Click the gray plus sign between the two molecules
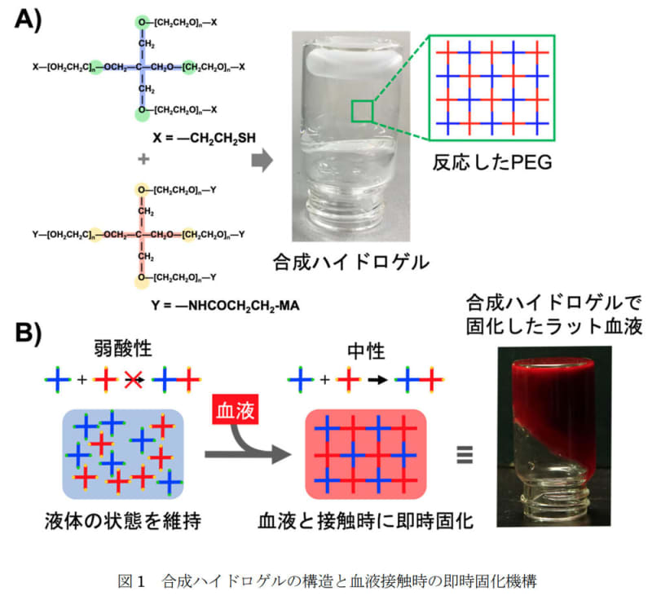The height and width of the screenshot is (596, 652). tap(144, 159)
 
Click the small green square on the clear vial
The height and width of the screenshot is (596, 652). tap(363, 111)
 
